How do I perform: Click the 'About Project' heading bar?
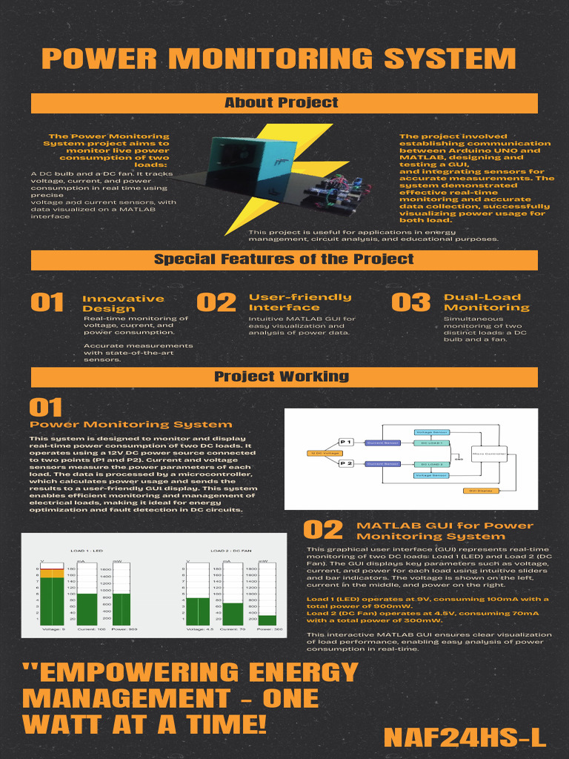click(x=284, y=103)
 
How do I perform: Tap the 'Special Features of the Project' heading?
click(x=284, y=259)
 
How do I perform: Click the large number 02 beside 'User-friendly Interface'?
click(x=216, y=302)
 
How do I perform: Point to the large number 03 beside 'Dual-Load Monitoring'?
click(x=410, y=302)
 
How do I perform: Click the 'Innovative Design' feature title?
click(x=123, y=304)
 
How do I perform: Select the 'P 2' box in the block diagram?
click(x=346, y=463)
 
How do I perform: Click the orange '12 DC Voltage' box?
click(x=324, y=453)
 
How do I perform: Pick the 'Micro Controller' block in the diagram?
click(x=489, y=453)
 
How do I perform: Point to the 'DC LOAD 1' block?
click(x=432, y=443)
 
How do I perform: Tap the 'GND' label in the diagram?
click(x=459, y=459)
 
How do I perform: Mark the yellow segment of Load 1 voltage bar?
click(x=52, y=572)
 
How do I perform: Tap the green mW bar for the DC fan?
click(x=267, y=620)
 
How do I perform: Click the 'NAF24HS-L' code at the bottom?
click(x=465, y=738)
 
